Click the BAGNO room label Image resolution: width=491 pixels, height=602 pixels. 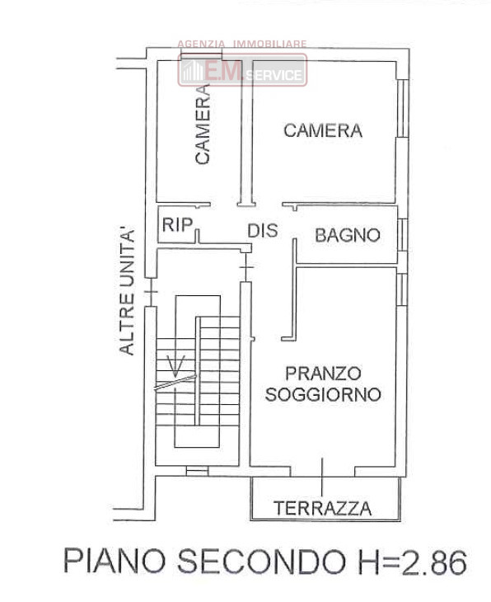point(348,235)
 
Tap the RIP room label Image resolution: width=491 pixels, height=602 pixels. point(177,224)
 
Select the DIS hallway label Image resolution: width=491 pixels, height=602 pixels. point(263,230)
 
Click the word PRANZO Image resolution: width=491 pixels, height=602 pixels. point(324,374)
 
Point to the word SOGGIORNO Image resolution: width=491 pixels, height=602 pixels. point(324,394)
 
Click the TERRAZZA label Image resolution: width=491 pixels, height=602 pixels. point(323,508)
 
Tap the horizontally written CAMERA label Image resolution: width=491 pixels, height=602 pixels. point(323,130)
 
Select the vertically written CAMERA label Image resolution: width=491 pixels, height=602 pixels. point(203,125)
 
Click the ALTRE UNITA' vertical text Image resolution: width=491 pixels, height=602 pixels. point(127,292)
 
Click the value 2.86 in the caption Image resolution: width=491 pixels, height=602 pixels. point(434,562)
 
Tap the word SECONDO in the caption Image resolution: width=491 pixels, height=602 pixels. point(263,562)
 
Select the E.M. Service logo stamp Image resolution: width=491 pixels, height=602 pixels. point(242,70)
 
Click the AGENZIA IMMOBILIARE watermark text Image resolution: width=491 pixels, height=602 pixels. point(242,45)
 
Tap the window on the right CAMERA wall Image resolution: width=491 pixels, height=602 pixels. point(402,108)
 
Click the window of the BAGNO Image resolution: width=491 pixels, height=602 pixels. point(402,235)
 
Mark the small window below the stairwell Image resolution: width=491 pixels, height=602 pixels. point(197,471)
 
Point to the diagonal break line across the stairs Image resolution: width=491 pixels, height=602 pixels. point(175,383)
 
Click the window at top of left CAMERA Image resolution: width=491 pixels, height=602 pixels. point(201,56)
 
